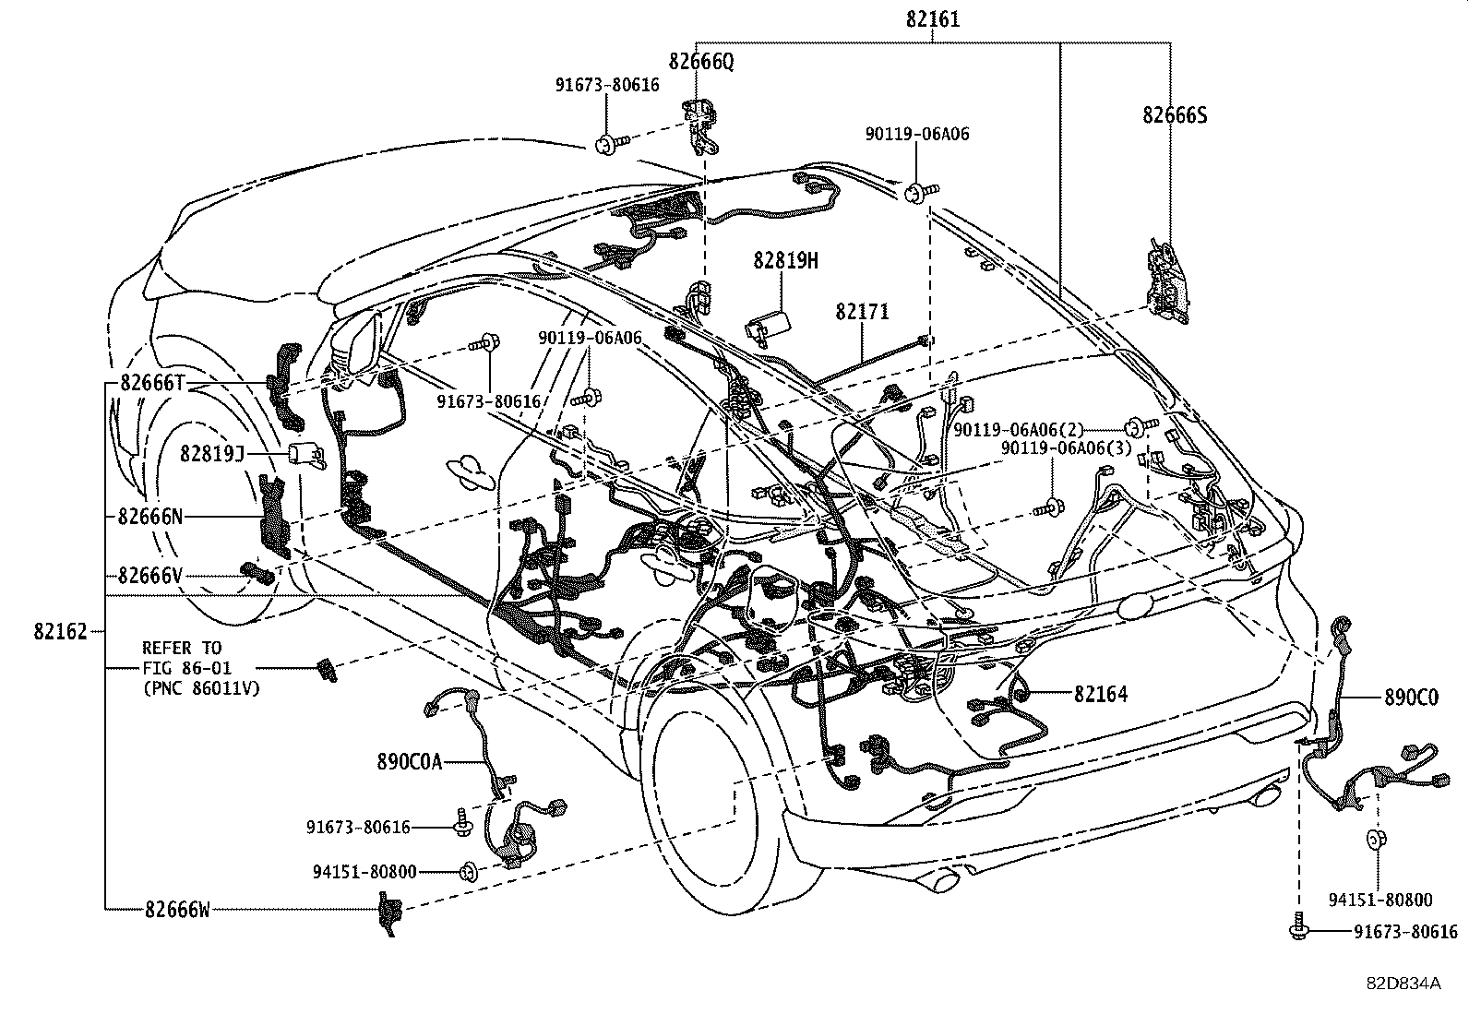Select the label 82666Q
[x=701, y=62]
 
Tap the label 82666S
[x=1175, y=115]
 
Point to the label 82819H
[x=785, y=261]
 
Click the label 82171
[x=863, y=312]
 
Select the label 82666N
[x=150, y=517]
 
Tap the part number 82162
[x=60, y=632]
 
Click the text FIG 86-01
[x=186, y=667]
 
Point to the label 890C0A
[x=410, y=761]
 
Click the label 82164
[x=1100, y=694]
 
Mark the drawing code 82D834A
[x=1403, y=983]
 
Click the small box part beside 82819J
[x=304, y=455]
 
